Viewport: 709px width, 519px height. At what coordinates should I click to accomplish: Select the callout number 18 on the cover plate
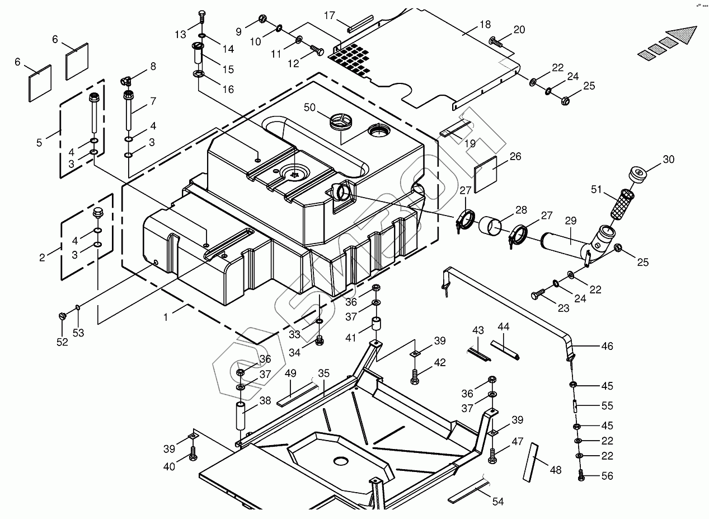tap(485, 25)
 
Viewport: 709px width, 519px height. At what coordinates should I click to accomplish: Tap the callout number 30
tap(669, 160)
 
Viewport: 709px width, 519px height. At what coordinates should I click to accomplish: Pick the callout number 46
tap(607, 346)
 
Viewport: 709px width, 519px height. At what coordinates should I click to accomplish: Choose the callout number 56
tap(607, 476)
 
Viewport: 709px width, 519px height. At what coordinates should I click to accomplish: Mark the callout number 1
tap(166, 317)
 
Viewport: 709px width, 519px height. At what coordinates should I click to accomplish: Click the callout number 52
tap(62, 342)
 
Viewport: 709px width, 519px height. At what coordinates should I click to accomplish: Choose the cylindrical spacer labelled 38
tap(241, 415)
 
